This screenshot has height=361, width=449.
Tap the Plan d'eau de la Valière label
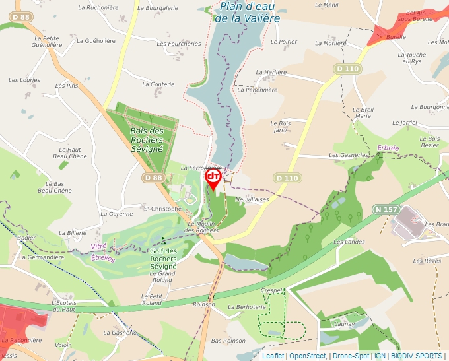[247, 13]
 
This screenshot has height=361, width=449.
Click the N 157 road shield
[386, 209]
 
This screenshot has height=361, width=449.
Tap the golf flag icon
[164, 240]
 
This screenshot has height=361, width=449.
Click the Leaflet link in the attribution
[273, 356]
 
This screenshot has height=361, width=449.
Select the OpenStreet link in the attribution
[308, 356]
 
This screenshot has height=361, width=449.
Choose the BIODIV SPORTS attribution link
[416, 356]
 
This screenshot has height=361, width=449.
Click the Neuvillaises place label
[252, 198]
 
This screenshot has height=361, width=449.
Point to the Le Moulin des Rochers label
[202, 226]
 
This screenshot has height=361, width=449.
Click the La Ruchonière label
[98, 8]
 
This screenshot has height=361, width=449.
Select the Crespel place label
[271, 290]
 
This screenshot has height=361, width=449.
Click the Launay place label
[345, 323]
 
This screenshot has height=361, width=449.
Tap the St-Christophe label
[162, 209]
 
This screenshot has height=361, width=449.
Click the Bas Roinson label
[228, 341]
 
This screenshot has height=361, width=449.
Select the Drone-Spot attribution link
[351, 356]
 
